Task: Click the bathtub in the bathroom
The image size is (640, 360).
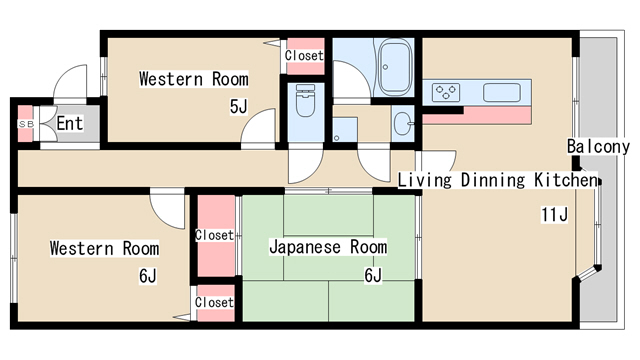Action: pyautogui.click(x=395, y=59)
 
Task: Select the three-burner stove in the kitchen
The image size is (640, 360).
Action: pyautogui.click(x=447, y=92)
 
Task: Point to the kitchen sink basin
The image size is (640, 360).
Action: pyautogui.click(x=503, y=92)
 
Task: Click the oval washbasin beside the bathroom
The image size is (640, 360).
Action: pyautogui.click(x=402, y=124)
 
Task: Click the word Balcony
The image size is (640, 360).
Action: pyautogui.click(x=598, y=146)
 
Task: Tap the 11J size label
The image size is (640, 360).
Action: pyautogui.click(x=555, y=214)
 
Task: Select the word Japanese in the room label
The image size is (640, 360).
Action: pyautogui.click(x=300, y=247)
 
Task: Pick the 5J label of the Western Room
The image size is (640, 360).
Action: pyautogui.click(x=238, y=106)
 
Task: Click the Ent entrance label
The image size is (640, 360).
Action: pyautogui.click(x=69, y=124)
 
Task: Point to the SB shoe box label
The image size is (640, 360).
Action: pyautogui.click(x=26, y=123)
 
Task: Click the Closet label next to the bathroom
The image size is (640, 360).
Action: pyautogui.click(x=304, y=56)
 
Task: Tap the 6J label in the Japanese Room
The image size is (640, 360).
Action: pyautogui.click(x=373, y=275)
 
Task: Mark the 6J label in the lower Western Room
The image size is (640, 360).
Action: pyautogui.click(x=148, y=276)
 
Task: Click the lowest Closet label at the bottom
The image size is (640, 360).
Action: pyautogui.click(x=214, y=302)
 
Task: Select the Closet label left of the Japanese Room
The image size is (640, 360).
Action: pyautogui.click(x=214, y=236)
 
